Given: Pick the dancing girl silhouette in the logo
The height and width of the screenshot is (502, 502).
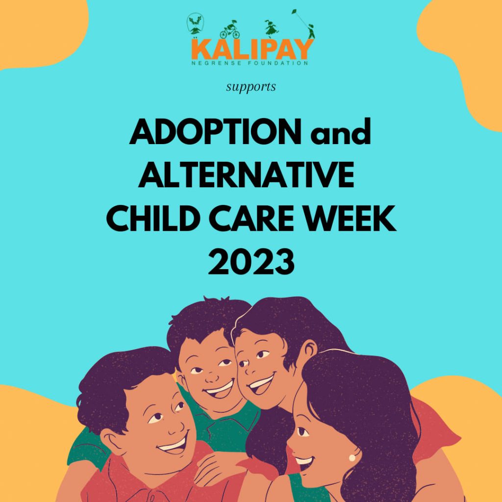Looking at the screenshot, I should pyautogui.click(x=271, y=28).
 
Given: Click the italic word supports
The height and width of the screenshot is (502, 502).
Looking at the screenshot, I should pyautogui.click(x=251, y=87).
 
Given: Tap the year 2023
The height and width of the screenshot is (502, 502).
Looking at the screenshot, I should pyautogui.click(x=251, y=261).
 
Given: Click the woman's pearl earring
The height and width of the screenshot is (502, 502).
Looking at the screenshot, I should pyautogui.click(x=351, y=457).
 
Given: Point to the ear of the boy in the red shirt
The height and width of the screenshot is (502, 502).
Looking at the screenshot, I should pyautogui.click(x=109, y=440).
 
